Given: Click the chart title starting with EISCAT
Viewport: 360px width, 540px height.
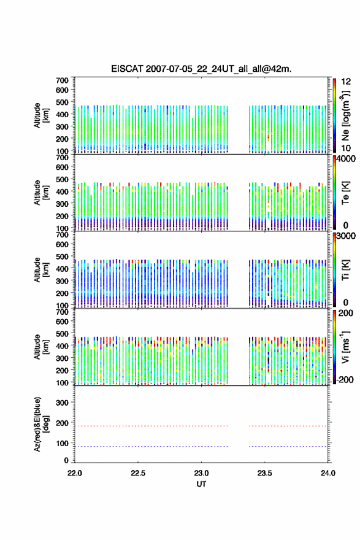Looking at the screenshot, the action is coord(201,69).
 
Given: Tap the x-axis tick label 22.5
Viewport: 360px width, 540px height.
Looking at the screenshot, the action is coord(137,473).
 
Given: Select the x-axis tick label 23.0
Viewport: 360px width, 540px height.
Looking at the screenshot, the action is coord(201,473).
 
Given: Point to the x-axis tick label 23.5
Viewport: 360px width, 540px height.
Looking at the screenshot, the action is coord(264,473).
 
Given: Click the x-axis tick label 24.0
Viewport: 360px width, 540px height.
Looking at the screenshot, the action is coord(327,473).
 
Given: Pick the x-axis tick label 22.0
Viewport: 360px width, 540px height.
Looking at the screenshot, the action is coord(74,473).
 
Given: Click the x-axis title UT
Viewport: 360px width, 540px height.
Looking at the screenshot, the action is coord(201,484).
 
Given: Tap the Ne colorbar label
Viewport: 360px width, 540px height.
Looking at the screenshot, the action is coord(345,116).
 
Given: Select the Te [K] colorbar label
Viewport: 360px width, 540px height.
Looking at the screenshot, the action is coord(345,193).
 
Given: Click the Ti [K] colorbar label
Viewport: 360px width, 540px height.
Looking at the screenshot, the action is coord(345,270).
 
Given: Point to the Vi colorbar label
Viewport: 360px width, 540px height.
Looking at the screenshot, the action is coord(345,347).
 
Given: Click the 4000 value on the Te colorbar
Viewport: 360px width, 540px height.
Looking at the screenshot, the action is coord(346,160).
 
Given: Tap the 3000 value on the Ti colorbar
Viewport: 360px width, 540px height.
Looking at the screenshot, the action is coord(346,236).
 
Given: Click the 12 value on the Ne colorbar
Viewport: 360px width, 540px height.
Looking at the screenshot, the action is coord(346,82).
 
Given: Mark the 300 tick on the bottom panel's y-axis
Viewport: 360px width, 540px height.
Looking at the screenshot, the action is coord(62,403).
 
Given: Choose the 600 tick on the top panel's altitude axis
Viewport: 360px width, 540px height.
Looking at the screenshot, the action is coord(62,90).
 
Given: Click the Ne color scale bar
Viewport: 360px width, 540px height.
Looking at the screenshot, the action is coord(334,115).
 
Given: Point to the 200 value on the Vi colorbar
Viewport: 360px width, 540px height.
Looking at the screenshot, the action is coord(346,314).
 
